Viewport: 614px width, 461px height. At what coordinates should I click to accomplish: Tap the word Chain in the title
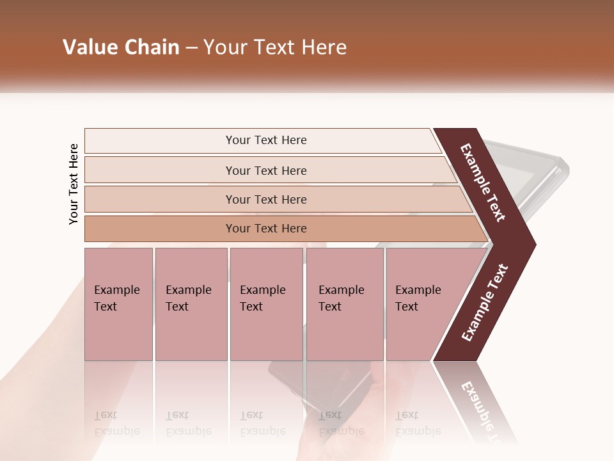click(x=152, y=47)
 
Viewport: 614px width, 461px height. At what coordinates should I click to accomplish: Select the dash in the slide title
click(x=191, y=48)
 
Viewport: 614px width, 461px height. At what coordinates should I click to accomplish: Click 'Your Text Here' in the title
click(x=274, y=47)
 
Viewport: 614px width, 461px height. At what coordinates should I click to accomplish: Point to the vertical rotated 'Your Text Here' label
click(x=74, y=184)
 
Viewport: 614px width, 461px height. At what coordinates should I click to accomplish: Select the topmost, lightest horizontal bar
click(x=265, y=140)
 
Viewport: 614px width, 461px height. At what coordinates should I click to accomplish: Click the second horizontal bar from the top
click(x=265, y=170)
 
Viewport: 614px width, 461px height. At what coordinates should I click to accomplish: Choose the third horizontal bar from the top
click(x=265, y=199)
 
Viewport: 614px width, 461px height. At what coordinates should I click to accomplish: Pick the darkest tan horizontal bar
click(x=265, y=229)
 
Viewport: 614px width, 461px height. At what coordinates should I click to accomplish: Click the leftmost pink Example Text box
click(x=118, y=304)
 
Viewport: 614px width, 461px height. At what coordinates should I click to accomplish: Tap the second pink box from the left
click(x=191, y=304)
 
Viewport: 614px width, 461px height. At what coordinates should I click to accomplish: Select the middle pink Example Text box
click(x=266, y=304)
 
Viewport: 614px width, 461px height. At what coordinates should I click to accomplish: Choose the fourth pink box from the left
click(x=345, y=304)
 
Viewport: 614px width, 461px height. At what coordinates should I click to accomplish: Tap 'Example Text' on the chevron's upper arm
click(x=484, y=182)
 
